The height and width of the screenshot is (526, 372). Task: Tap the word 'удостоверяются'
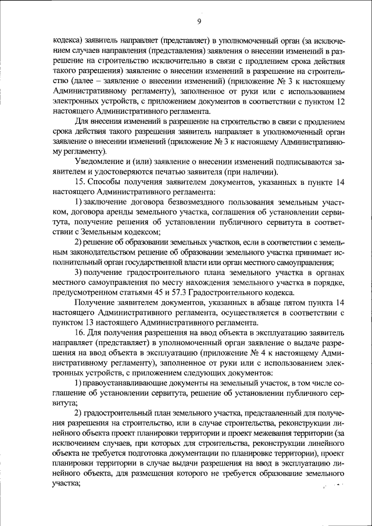119,173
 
